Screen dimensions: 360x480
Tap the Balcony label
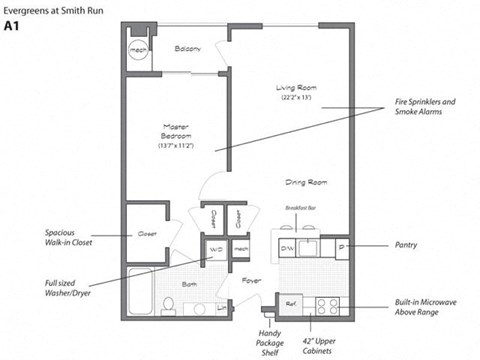[188, 48]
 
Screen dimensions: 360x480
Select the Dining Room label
[306, 183]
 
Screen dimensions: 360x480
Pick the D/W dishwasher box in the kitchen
[286, 246]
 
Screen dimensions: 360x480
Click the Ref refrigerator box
[291, 302]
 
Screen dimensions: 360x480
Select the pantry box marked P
[343, 245]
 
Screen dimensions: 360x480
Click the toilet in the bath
[198, 306]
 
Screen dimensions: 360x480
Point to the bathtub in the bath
[142, 294]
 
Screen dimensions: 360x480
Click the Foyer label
[250, 281]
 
